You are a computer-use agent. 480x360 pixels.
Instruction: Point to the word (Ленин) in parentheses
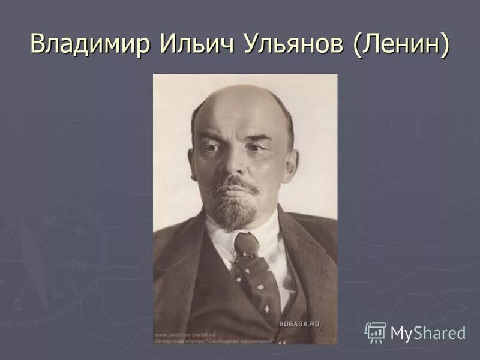coord(401,46)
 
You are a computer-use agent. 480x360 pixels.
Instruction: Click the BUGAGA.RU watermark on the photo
coord(299,323)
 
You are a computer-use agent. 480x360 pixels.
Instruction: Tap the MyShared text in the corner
coord(428,333)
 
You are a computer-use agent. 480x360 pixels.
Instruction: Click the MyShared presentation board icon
coord(376,332)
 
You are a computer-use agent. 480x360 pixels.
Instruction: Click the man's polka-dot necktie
coord(254,270)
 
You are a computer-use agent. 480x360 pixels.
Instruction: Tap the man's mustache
coord(235,182)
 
